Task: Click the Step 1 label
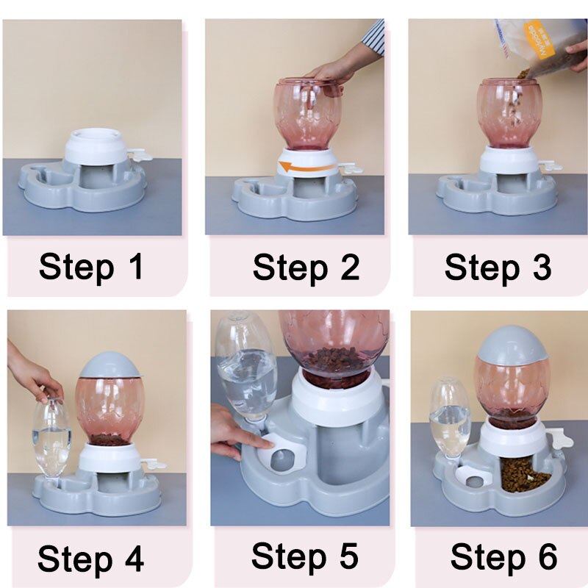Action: click(91, 268)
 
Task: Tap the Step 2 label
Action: click(306, 268)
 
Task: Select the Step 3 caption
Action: click(498, 268)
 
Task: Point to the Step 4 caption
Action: click(90, 559)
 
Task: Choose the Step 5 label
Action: click(305, 556)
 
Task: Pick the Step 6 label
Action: click(504, 557)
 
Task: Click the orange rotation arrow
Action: click(306, 167)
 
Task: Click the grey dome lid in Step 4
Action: click(110, 365)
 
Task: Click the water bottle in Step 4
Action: click(51, 439)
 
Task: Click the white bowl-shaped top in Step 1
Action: click(96, 146)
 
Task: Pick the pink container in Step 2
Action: click(308, 114)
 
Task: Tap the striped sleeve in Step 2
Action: click(373, 37)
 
